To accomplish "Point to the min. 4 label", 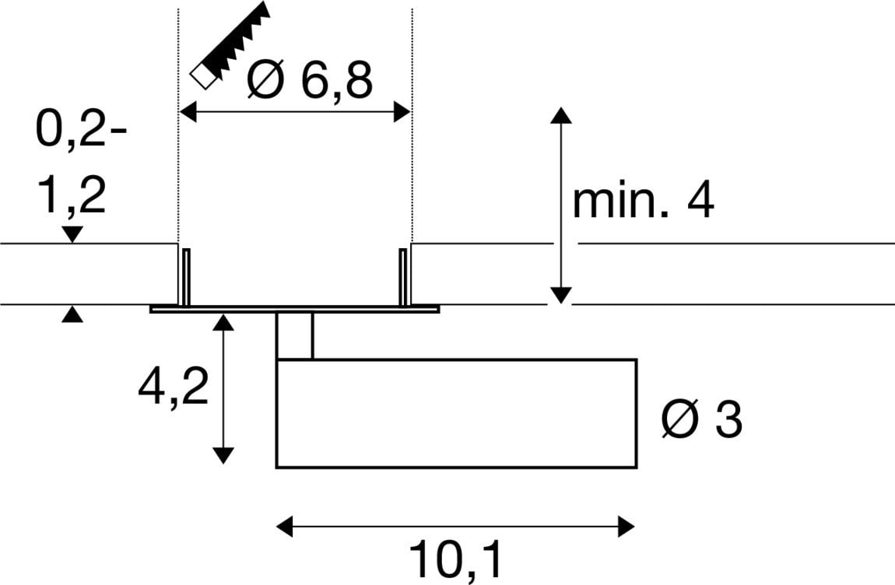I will [x=643, y=201].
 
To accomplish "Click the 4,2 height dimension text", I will [x=173, y=387].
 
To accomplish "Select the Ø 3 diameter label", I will [x=700, y=421].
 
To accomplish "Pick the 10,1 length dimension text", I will [x=456, y=560].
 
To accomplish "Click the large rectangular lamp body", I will [x=456, y=413].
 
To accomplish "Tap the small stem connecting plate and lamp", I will [x=295, y=335].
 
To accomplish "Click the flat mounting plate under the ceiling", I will [x=294, y=309].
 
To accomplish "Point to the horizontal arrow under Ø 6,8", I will [x=295, y=113].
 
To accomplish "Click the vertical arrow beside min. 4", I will [x=561, y=205].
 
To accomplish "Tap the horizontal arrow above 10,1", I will [x=456, y=526].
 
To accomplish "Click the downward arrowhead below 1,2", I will [x=72, y=233].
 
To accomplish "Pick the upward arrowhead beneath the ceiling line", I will [x=72, y=314].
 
